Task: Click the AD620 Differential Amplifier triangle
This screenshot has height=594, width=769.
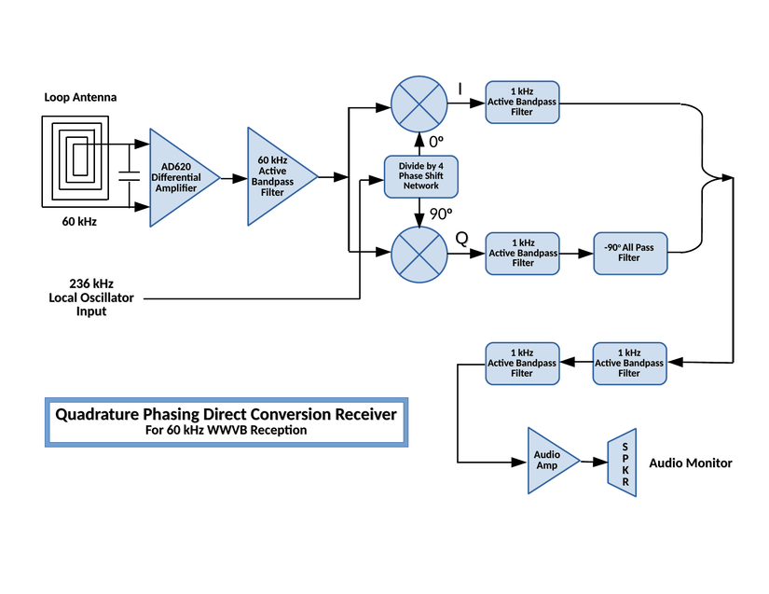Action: click(x=177, y=177)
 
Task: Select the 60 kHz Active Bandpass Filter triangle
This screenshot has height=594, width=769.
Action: click(x=275, y=176)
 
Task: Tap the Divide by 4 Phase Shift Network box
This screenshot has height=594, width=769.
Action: click(x=420, y=176)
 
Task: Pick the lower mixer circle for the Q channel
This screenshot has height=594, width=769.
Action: click(x=420, y=253)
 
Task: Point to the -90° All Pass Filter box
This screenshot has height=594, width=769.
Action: click(x=631, y=253)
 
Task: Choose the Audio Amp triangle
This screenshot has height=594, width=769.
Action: click(x=548, y=461)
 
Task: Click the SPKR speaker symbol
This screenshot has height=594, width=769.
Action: click(x=624, y=462)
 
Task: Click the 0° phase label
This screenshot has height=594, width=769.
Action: click(x=435, y=142)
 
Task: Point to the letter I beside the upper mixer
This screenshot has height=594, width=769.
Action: click(x=460, y=89)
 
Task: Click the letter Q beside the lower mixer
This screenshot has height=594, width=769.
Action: click(x=461, y=239)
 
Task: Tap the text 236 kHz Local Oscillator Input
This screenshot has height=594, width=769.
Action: click(x=91, y=297)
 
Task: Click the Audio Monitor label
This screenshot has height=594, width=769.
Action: click(x=691, y=463)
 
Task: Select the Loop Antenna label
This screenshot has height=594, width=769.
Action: click(x=80, y=97)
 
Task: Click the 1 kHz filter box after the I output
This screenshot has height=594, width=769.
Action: click(x=522, y=101)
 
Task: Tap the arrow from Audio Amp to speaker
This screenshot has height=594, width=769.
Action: click(x=594, y=462)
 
